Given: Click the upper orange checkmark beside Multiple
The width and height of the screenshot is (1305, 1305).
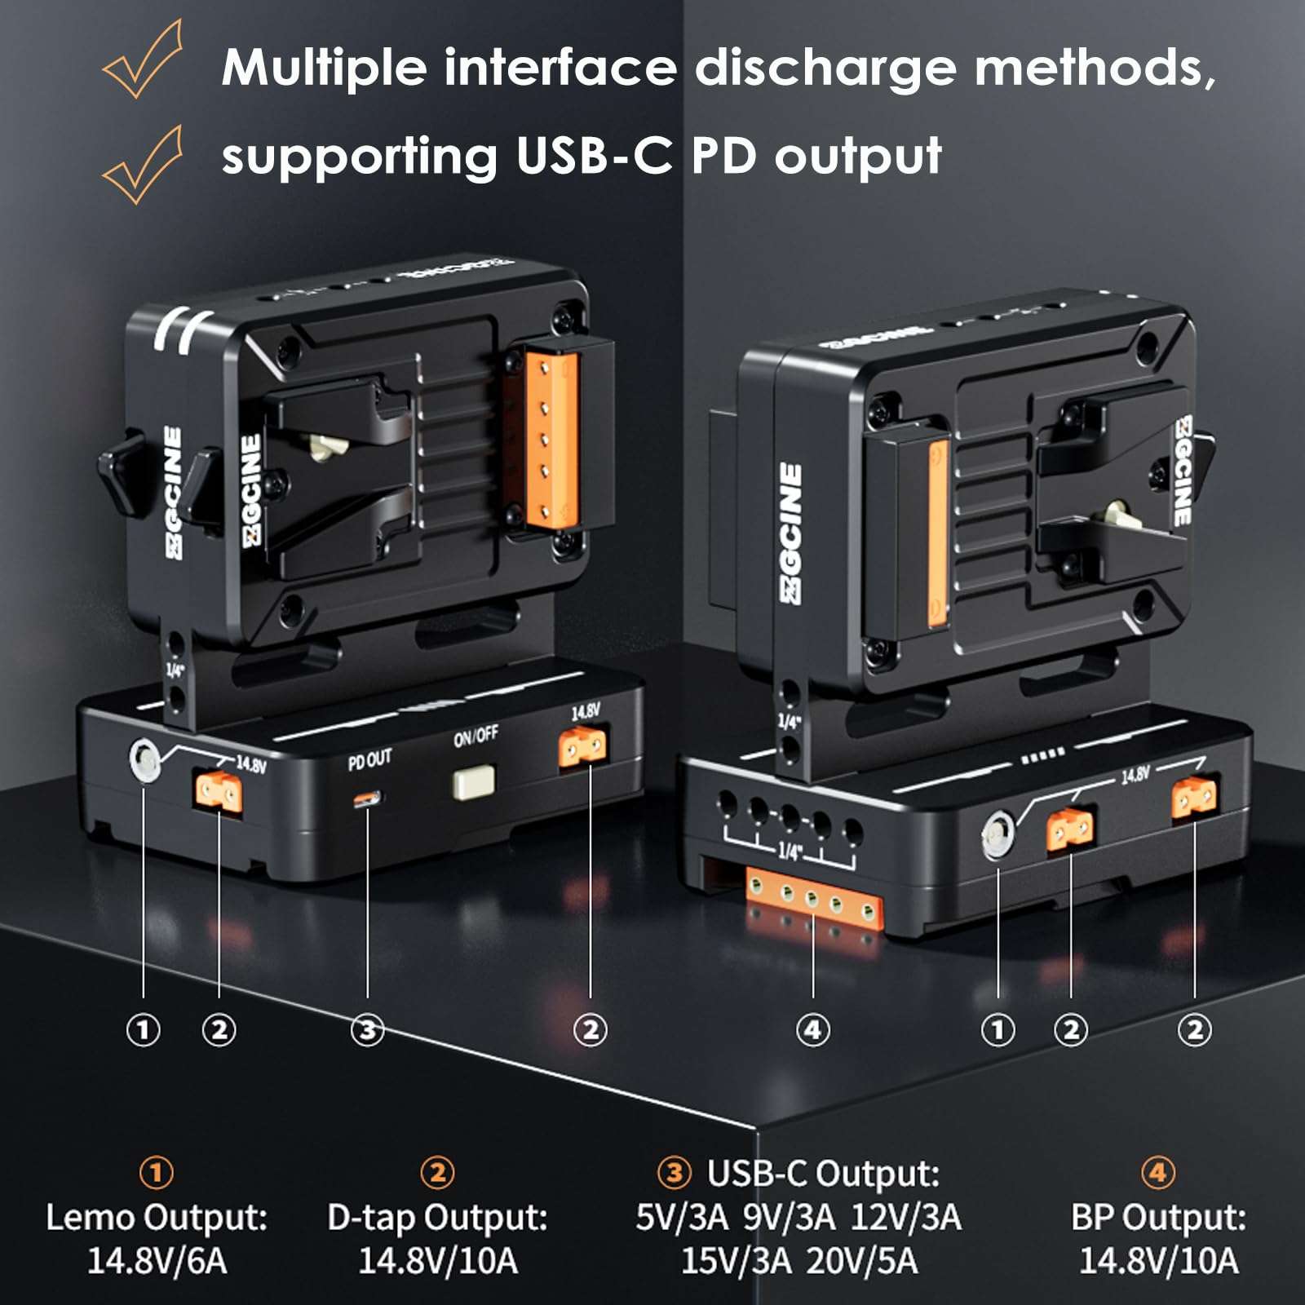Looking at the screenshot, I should pyautogui.click(x=143, y=61).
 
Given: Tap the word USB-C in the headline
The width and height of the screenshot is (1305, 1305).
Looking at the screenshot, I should pyautogui.click(x=593, y=155).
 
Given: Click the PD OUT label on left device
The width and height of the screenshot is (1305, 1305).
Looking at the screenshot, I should pyautogui.click(x=369, y=760).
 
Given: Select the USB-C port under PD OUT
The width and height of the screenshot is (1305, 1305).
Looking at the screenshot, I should pyautogui.click(x=367, y=799).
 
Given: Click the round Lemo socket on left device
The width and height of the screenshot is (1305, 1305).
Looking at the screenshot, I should pyautogui.click(x=144, y=760).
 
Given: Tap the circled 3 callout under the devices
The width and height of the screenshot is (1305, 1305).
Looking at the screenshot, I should pyautogui.click(x=367, y=1030).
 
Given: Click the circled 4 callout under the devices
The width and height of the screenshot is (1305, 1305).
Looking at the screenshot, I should pyautogui.click(x=812, y=1030).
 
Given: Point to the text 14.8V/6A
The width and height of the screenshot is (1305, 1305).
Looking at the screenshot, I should pyautogui.click(x=157, y=1261).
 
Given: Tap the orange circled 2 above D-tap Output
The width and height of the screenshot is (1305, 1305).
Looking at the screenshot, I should pyautogui.click(x=437, y=1173).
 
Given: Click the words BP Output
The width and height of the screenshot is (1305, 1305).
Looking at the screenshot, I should pyautogui.click(x=1158, y=1218).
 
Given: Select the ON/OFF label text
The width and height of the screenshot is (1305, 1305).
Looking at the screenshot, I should pyautogui.click(x=476, y=736).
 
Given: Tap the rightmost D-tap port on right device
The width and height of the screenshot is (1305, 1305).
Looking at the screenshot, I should pyautogui.click(x=1194, y=797).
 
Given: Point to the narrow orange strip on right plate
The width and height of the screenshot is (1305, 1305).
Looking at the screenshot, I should pyautogui.click(x=938, y=534).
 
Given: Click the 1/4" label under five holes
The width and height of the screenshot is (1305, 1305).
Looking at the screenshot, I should pyautogui.click(x=789, y=851).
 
